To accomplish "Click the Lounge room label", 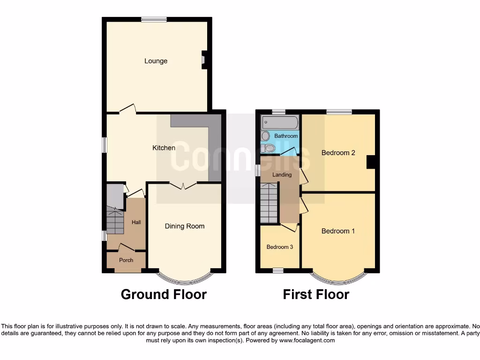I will [x=156, y=61].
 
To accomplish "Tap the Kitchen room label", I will [x=164, y=148].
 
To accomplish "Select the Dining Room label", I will [x=184, y=226].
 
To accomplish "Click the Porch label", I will [x=126, y=260].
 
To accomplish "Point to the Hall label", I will [x=136, y=222].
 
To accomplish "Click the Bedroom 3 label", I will [x=280, y=247].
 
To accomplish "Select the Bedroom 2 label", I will [x=338, y=152].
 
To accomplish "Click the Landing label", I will [x=282, y=175].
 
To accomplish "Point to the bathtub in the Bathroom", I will [x=280, y=123].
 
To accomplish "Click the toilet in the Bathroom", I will [x=269, y=148].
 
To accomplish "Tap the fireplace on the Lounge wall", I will [x=204, y=60].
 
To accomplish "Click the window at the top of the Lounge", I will [x=154, y=19].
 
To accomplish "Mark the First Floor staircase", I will [x=269, y=202].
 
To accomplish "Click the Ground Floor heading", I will [x=164, y=294].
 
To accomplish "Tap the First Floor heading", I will [x=316, y=294].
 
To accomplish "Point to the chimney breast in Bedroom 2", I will [x=372, y=162].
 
